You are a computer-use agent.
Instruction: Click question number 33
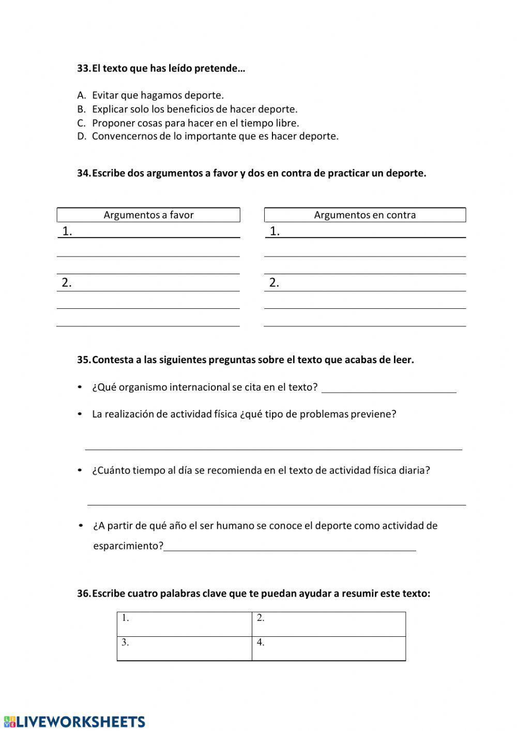tap(84, 68)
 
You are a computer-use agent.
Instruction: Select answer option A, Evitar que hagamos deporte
tap(158, 95)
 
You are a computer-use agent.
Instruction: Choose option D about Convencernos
tap(215, 137)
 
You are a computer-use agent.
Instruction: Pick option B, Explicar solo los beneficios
tap(194, 109)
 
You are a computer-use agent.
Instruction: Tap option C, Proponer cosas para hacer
tap(195, 123)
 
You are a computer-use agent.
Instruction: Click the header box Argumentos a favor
tap(148, 215)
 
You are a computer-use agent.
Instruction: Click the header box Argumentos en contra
tap(365, 215)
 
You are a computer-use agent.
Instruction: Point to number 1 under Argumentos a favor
tap(67, 231)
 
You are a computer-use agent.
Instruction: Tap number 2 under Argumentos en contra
tap(275, 282)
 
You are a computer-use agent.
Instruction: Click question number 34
tap(84, 173)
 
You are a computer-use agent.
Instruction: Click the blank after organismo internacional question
tap(389, 388)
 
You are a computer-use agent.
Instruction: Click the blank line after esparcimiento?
tap(290, 546)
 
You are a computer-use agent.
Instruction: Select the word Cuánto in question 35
tap(112, 470)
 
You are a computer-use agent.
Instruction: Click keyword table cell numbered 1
tap(185, 624)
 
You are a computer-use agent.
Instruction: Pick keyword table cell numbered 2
tap(328, 624)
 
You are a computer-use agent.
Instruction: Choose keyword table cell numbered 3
tap(185, 648)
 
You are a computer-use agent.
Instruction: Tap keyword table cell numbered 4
tap(328, 648)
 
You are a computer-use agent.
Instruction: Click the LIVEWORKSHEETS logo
tap(74, 722)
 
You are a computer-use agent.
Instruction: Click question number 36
tap(84, 593)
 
